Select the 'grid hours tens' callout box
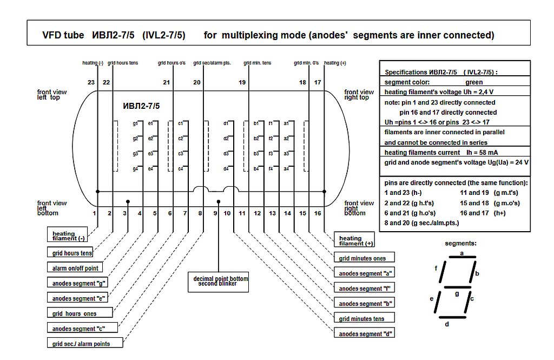pos(72,253)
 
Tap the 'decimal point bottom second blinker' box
pos(221,281)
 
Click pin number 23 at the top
pos(91,82)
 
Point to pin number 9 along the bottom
pos(215,213)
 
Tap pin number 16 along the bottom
pos(318,213)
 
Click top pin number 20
pos(196,82)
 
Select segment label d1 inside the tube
pos(226,123)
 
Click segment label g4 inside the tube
pos(136,169)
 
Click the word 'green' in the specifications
pos(474,82)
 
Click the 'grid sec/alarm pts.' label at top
pos(212,63)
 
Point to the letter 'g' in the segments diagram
pos(457,293)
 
